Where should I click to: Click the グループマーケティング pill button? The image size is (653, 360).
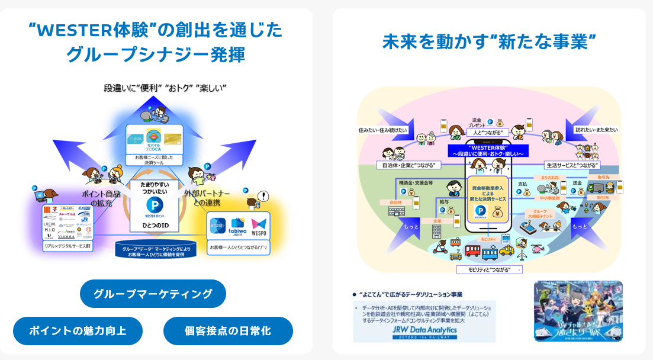click(x=153, y=294)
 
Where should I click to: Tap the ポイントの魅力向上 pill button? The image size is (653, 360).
click(x=78, y=330)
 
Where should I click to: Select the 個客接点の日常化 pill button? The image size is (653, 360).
click(x=228, y=330)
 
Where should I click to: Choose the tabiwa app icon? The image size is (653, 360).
click(x=238, y=227)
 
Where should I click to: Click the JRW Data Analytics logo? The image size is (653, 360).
click(x=424, y=332)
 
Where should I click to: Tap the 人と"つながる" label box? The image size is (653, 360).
click(x=487, y=132)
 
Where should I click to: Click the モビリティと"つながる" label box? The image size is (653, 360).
click(x=489, y=269)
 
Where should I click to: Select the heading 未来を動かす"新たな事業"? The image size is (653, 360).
click(x=488, y=42)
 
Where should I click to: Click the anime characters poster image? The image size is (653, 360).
click(x=578, y=311)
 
